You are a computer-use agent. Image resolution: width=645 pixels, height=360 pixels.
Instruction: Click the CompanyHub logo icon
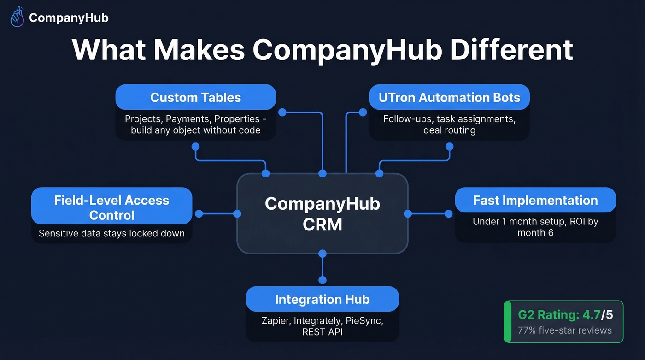[x=17, y=18]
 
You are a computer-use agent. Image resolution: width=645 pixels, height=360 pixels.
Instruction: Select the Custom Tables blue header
[x=195, y=98]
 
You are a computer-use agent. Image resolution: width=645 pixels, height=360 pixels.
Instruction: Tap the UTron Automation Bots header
[x=449, y=98]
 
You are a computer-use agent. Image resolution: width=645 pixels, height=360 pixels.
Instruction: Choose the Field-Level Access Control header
[x=111, y=207]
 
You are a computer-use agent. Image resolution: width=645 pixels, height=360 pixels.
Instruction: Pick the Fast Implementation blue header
[x=535, y=201]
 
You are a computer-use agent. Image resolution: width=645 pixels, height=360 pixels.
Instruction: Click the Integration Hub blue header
[x=322, y=300]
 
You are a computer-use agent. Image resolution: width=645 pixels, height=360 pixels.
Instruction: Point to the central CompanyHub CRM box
[x=322, y=213]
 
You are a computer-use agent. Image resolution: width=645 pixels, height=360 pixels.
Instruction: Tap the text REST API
[x=322, y=332]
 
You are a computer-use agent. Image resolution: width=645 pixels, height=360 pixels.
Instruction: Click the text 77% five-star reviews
[x=565, y=330]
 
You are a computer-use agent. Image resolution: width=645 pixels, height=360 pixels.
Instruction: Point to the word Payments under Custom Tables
[x=188, y=119]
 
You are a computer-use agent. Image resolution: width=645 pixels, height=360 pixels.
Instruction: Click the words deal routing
[x=449, y=130]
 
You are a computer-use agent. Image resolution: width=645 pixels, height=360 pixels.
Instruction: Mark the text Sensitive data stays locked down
[x=111, y=233]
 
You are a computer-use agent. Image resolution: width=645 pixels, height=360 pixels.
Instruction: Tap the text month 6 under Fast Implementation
[x=535, y=233]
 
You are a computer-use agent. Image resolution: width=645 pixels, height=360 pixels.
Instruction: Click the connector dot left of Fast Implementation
[x=449, y=213]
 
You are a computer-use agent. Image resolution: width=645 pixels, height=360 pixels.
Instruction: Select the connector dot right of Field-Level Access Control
[x=199, y=213]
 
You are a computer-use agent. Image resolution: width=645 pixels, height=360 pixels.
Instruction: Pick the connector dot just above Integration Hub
[x=322, y=280]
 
